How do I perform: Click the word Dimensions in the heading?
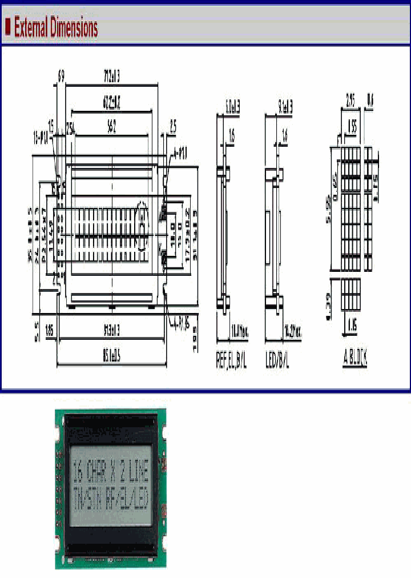pos(75,27)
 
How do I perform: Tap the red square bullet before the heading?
pos(8,27)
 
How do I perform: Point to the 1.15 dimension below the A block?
pos(351,326)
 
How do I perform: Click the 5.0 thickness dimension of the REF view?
pos(232,106)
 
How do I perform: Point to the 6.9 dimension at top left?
pos(61,76)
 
